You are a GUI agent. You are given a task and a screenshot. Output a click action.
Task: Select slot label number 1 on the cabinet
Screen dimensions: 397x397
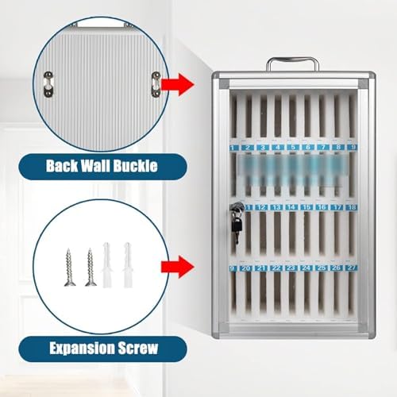(233, 148)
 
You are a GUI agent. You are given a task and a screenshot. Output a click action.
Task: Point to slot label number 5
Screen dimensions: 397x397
(293, 148)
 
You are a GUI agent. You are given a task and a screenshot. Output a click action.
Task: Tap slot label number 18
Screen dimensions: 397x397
(353, 207)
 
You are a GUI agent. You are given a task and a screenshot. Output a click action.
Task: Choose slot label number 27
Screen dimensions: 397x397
(353, 268)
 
